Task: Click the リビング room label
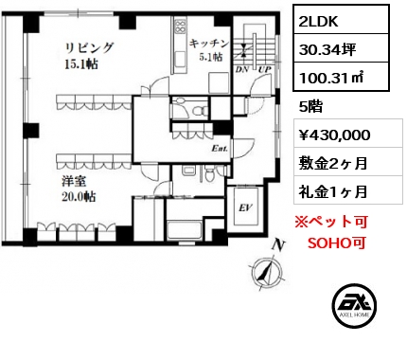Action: tap(89, 48)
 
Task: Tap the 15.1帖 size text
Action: tap(81, 64)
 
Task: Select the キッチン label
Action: tap(209, 44)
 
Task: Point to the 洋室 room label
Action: tap(74, 181)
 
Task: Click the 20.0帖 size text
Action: tap(79, 197)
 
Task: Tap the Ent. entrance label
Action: tap(220, 149)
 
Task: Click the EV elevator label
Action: tap(245, 207)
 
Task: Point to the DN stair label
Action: tap(242, 69)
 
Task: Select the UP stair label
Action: tap(265, 69)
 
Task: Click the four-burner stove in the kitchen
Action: tap(181, 27)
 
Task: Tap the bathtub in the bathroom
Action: tap(185, 230)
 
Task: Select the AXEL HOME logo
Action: tap(354, 305)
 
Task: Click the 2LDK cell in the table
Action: tap(318, 22)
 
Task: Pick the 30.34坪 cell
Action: tap(327, 49)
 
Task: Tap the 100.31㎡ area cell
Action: tap(331, 78)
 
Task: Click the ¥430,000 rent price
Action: tap(334, 135)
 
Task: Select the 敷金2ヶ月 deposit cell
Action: tap(333, 163)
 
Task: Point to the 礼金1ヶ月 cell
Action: tap(333, 191)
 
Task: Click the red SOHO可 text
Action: tap(337, 243)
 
